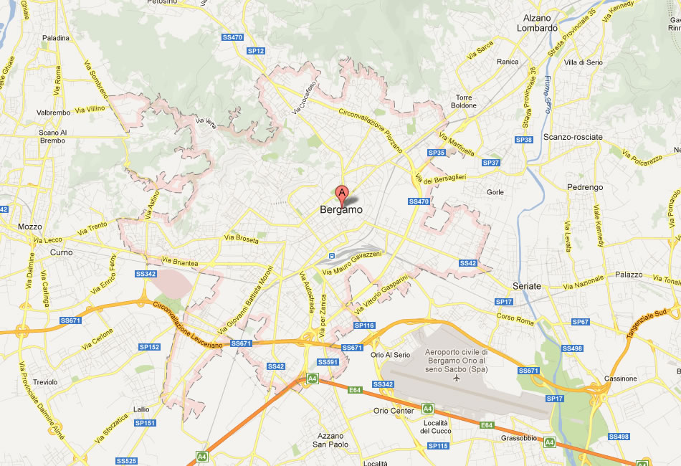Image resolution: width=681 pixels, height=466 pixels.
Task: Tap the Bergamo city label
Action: point(341,210)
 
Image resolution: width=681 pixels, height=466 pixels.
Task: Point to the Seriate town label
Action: point(527,286)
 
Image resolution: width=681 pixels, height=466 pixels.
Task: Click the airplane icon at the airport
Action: point(457,378)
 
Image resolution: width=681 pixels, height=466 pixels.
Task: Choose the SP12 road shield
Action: point(256,51)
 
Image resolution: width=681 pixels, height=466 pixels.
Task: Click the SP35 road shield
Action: point(437,153)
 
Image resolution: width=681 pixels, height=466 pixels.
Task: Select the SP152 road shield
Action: point(149,347)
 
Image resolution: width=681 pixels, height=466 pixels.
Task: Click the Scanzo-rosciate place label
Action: point(573,136)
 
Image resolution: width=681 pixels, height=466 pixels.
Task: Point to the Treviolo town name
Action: point(44,382)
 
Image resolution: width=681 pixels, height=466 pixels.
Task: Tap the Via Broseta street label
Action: point(241,239)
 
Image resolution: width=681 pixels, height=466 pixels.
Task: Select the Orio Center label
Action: point(394,411)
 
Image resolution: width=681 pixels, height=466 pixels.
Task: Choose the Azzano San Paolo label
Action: point(330,439)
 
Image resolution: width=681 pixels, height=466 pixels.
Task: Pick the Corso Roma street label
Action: point(515,318)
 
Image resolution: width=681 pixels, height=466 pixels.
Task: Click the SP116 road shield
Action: point(364,325)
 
